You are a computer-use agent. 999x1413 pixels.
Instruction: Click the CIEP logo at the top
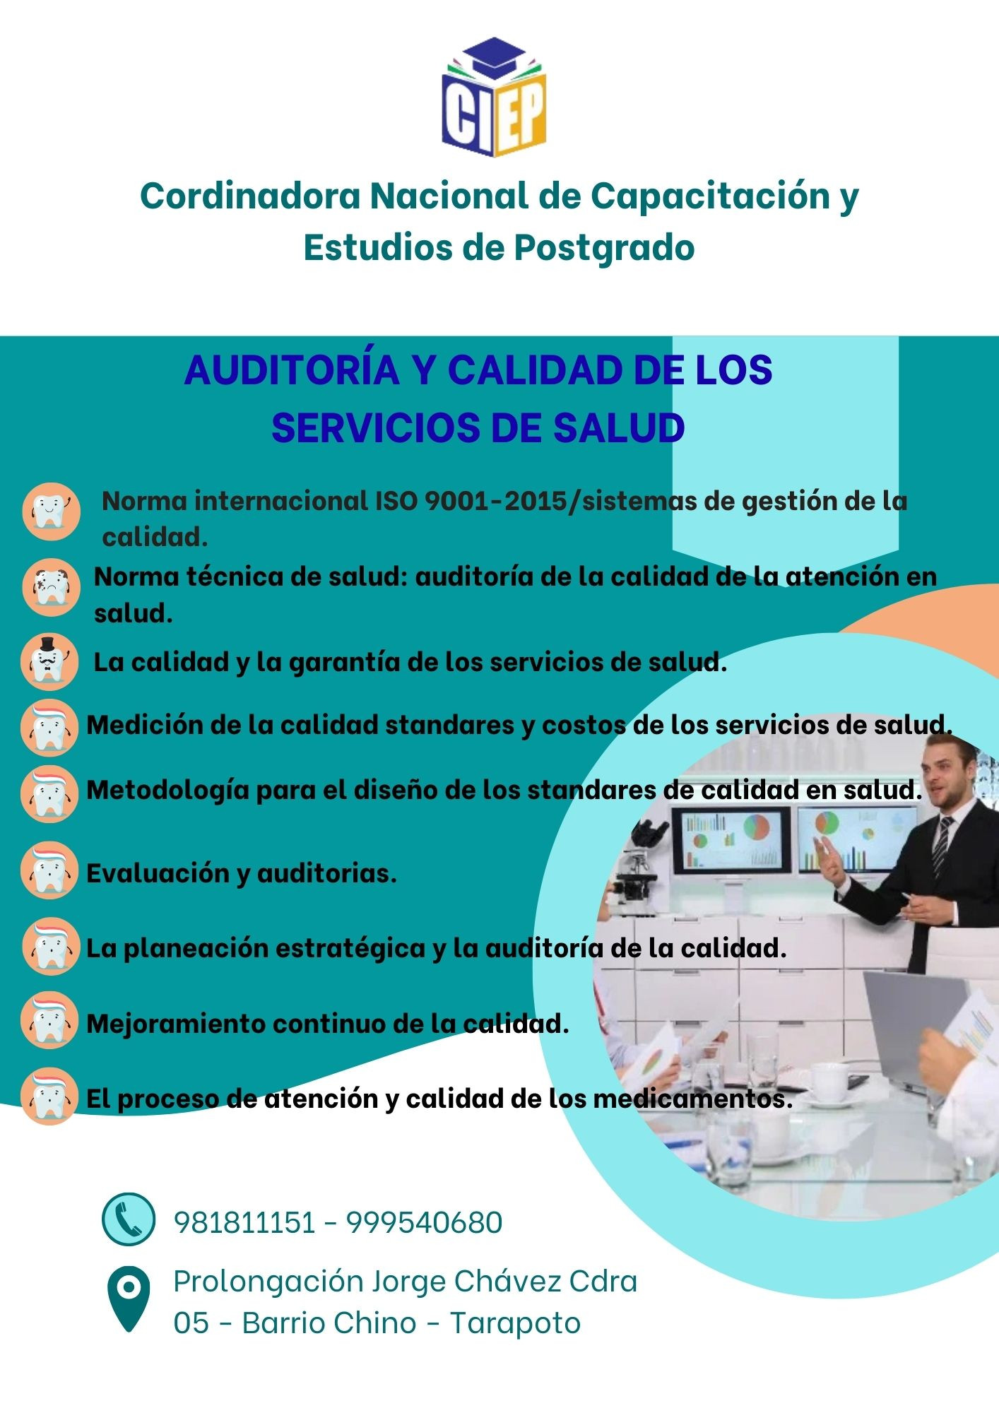point(495,97)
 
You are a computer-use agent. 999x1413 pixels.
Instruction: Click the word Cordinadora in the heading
point(251,196)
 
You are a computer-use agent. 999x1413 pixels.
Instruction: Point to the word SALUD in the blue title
point(618,428)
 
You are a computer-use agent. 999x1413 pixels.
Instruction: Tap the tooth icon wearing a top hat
point(49,661)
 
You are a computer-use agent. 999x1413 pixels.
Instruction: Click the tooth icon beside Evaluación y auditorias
point(49,870)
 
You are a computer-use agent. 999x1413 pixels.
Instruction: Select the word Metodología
point(168,791)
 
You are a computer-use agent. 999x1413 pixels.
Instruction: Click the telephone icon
point(128,1219)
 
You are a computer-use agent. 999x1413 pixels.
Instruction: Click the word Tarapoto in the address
point(515,1323)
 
